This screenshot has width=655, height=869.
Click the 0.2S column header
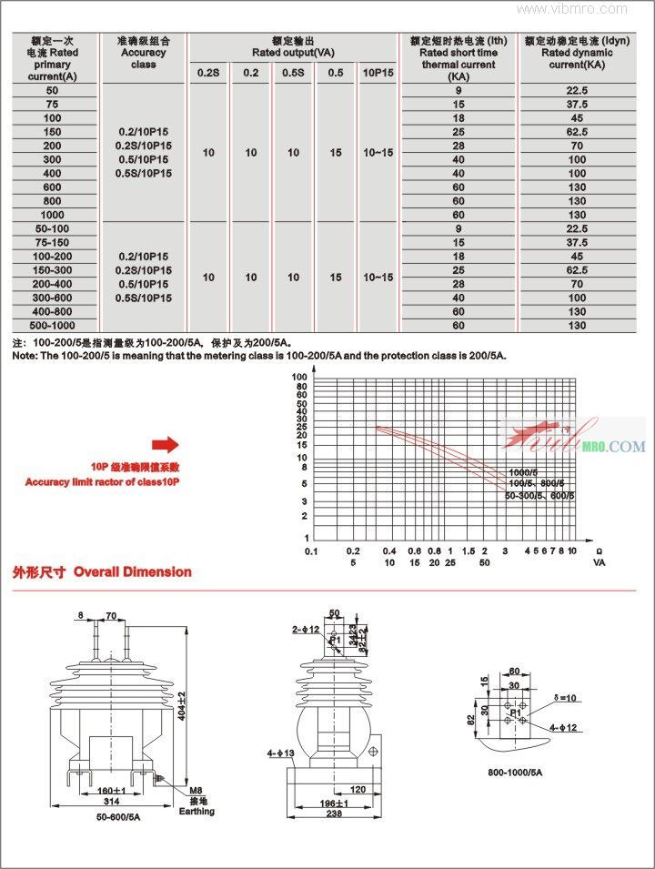coord(208,72)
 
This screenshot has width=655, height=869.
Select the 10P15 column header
coord(378,72)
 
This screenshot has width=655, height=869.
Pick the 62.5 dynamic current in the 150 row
coord(577,132)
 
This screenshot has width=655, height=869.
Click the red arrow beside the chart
coord(165,444)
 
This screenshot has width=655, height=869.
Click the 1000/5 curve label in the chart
coord(523,472)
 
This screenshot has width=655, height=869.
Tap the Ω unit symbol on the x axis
coord(598,551)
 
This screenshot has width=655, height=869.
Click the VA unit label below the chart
coord(599,563)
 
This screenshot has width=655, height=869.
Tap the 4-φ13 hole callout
coord(277,753)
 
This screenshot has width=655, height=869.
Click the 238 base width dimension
coord(336,814)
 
